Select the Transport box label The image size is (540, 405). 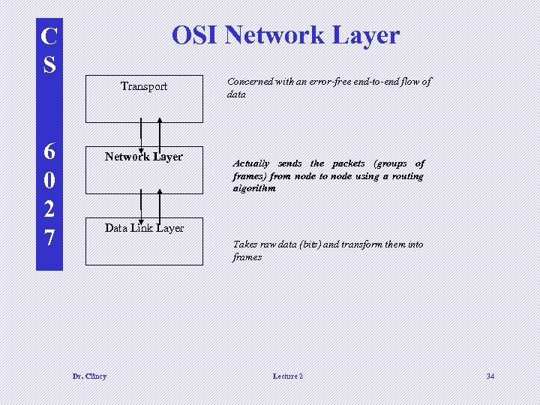144,86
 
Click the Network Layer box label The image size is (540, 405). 144,157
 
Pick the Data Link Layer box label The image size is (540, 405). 144,228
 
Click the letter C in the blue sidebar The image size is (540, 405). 49,36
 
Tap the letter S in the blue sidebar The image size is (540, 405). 49,64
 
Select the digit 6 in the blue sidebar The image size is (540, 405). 49,152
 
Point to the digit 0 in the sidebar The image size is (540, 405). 49,181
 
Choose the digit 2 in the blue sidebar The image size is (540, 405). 49,209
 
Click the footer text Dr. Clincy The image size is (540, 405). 89,376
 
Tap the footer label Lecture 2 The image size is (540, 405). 288,376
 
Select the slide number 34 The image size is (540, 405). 490,376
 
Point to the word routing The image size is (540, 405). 407,176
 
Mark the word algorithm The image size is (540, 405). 254,188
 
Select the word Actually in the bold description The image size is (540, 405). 251,163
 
